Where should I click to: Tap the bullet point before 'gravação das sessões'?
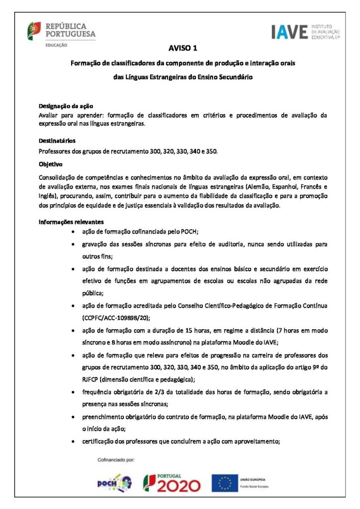pos(74,245)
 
